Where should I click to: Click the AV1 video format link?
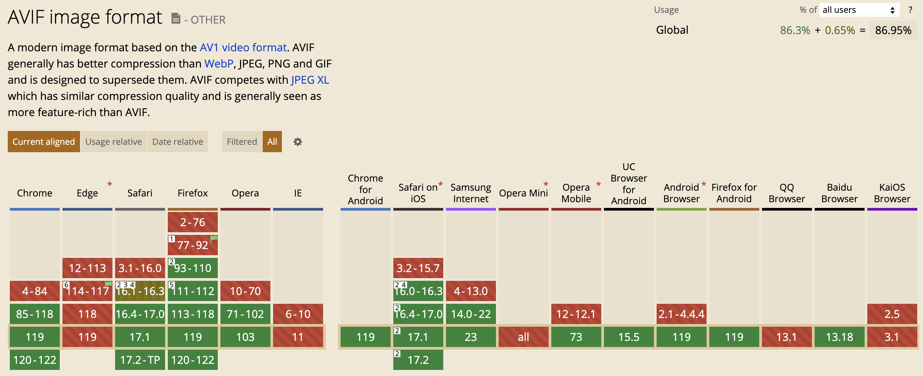tap(243, 47)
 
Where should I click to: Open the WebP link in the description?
tap(218, 63)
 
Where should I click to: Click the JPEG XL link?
tap(310, 80)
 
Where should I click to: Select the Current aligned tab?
tap(44, 142)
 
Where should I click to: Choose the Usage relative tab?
tap(113, 142)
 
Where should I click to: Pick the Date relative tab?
tap(178, 142)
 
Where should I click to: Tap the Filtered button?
tap(242, 142)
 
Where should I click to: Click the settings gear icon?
tap(298, 142)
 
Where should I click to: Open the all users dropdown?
tap(859, 10)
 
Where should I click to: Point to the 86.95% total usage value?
tap(893, 30)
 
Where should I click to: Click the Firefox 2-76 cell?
tap(193, 222)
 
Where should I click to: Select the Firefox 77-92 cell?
tap(193, 245)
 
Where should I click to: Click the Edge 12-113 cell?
tap(87, 268)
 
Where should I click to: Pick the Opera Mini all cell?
tap(524, 337)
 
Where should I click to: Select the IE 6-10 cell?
tap(298, 314)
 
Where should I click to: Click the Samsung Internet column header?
tap(471, 193)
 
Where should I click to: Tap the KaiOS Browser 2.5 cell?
tap(892, 314)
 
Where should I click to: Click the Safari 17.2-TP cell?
tap(140, 359)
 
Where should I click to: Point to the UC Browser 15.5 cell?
tap(629, 337)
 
